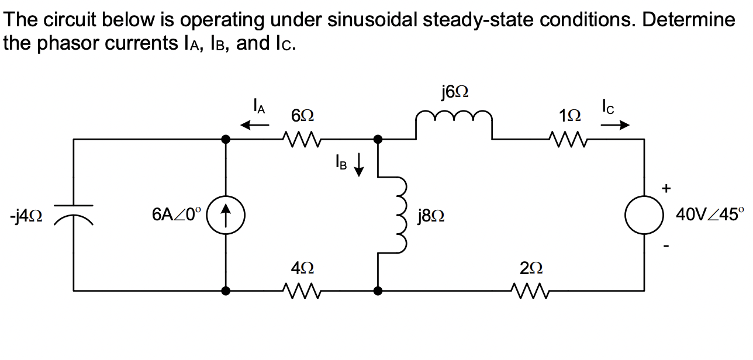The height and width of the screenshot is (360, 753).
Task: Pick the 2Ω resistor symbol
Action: click(x=529, y=289)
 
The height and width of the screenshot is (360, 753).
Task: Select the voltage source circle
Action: click(x=645, y=215)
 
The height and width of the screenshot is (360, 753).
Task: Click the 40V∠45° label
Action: click(x=710, y=215)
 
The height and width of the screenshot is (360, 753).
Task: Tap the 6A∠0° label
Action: click(x=177, y=215)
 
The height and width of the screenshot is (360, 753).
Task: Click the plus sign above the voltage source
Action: click(x=666, y=188)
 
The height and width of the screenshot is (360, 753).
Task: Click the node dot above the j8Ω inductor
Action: click(x=378, y=139)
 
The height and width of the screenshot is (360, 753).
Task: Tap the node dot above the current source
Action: click(x=226, y=139)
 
